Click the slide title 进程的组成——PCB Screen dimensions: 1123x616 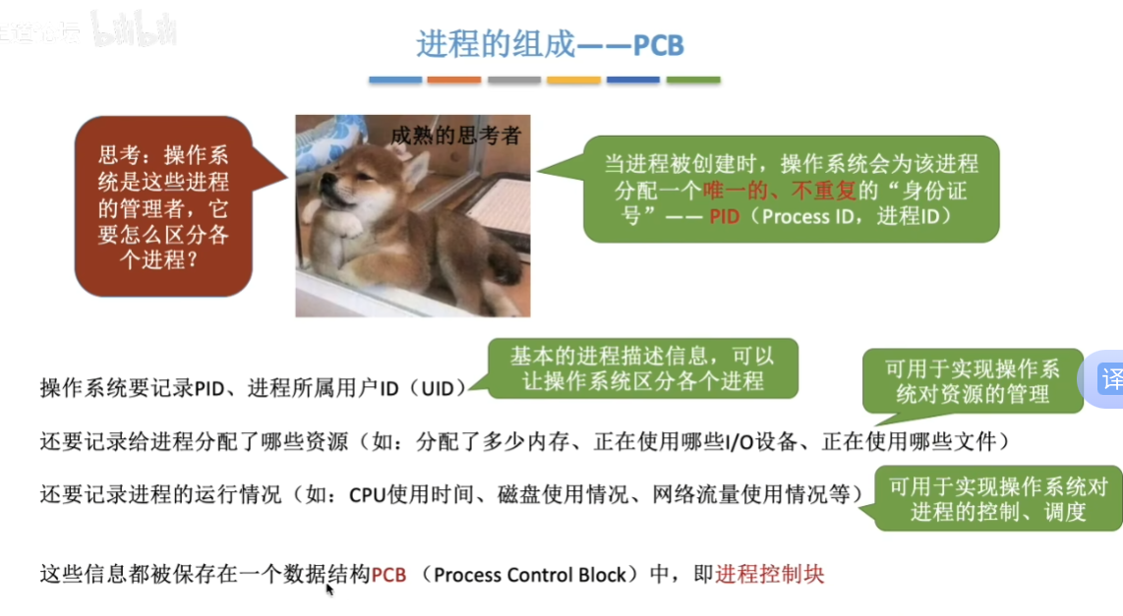click(550, 44)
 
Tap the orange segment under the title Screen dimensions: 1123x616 click(454, 81)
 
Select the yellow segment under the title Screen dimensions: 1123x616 click(573, 81)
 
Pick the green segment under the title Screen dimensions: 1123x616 click(693, 81)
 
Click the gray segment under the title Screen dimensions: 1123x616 click(514, 81)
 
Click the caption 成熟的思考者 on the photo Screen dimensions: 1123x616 click(455, 136)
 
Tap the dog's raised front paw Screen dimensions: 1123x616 click(349, 226)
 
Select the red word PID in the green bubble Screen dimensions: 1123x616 click(724, 216)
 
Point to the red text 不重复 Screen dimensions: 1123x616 click(824, 191)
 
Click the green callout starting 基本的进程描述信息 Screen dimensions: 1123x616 click(642, 368)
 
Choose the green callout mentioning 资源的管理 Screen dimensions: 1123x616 click(973, 381)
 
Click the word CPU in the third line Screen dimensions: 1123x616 click(368, 495)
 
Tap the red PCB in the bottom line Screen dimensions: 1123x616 click(388, 575)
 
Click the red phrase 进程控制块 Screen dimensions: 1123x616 click(770, 575)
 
